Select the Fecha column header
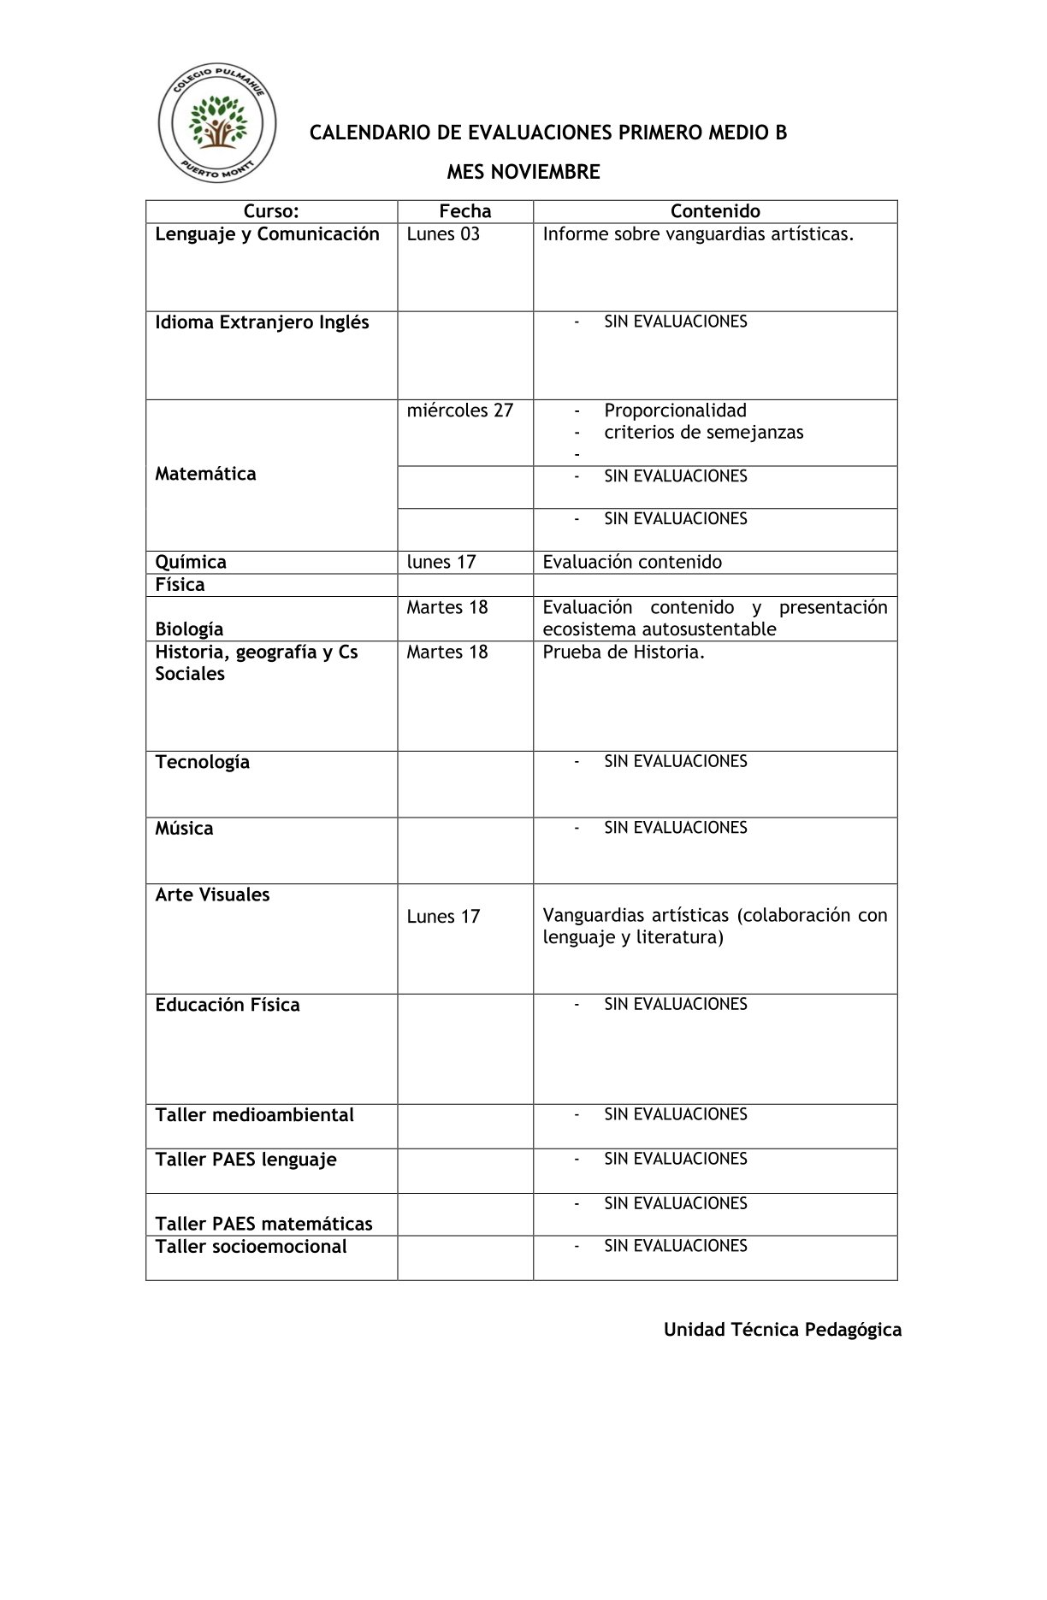pyautogui.click(x=465, y=211)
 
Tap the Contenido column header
pyautogui.click(x=715, y=211)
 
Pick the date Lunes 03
pyautogui.click(x=443, y=234)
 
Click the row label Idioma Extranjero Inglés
pyautogui.click(x=262, y=322)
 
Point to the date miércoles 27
pyautogui.click(x=460, y=410)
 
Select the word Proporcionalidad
pyautogui.click(x=675, y=410)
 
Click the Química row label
pyautogui.click(x=191, y=562)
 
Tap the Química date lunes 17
pyautogui.click(x=441, y=562)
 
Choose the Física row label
pyautogui.click(x=180, y=585)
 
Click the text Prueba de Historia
pyautogui.click(x=624, y=652)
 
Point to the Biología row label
pyautogui.click(x=189, y=629)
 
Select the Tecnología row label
pyautogui.click(x=203, y=762)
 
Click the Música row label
pyautogui.click(x=184, y=829)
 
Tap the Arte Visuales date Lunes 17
pyautogui.click(x=443, y=917)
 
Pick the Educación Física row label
pyautogui.click(x=228, y=1005)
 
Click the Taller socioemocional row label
pyautogui.click(x=251, y=1247)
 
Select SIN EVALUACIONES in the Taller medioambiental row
pyautogui.click(x=676, y=1114)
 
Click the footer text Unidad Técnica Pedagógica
pyautogui.click(x=783, y=1330)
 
